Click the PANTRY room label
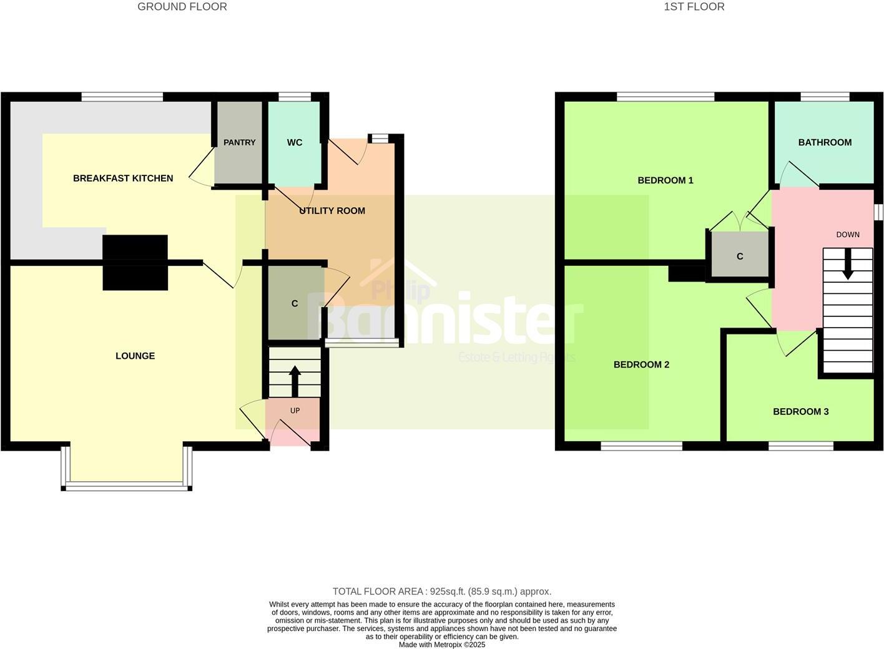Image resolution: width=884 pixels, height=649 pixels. [x=240, y=142]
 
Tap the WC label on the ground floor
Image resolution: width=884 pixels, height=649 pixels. [x=295, y=142]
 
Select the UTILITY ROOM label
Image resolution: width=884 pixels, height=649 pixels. [x=332, y=211]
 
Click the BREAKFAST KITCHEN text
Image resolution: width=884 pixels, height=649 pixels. [x=123, y=178]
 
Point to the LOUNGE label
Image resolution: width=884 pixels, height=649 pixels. [x=135, y=356]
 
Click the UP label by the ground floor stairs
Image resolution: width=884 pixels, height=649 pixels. [x=295, y=411]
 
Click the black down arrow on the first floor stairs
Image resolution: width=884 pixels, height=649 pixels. [x=847, y=265]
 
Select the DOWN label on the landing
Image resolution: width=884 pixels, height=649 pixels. [x=848, y=235]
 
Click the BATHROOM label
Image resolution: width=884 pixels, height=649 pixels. [x=825, y=142]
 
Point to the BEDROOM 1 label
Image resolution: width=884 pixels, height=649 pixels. [x=665, y=180]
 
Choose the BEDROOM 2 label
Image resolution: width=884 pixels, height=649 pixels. [x=641, y=364]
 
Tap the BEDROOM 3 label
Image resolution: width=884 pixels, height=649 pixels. [x=800, y=412]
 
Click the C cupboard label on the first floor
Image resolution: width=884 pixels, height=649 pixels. [x=740, y=256]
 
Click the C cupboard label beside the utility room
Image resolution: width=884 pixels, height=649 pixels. [x=295, y=304]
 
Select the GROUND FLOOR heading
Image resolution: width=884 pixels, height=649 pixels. [x=182, y=7]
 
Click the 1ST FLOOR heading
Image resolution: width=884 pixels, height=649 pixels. [x=694, y=7]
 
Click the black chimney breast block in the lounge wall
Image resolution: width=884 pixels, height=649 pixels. [x=135, y=263]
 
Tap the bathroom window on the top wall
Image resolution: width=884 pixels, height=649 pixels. [x=825, y=97]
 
